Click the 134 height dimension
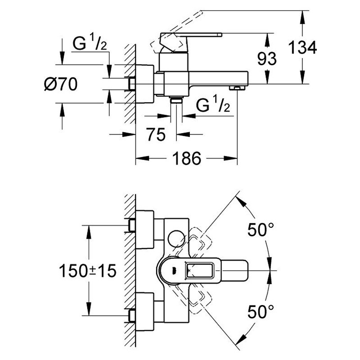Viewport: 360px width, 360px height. [302, 48]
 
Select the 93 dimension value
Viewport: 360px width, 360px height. [267, 58]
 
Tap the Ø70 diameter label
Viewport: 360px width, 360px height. [61, 84]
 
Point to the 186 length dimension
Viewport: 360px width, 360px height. [186, 158]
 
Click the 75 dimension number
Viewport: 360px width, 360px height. [156, 134]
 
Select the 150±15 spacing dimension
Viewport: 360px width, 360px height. [88, 271]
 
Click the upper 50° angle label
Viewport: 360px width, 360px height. [261, 229]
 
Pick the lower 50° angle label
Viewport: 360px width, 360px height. [261, 311]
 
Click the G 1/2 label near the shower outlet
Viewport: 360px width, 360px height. [213, 104]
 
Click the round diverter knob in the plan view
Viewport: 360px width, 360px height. [176, 239]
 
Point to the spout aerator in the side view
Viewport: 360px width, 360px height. [237, 88]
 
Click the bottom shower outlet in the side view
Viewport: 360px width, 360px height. [176, 100]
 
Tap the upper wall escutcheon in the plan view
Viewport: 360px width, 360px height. [144, 229]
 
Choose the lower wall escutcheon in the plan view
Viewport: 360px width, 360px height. [144, 311]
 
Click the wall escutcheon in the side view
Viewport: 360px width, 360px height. [144, 84]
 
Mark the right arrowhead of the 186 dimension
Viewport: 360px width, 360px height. [230, 158]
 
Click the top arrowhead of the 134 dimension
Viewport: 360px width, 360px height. [302, 17]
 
